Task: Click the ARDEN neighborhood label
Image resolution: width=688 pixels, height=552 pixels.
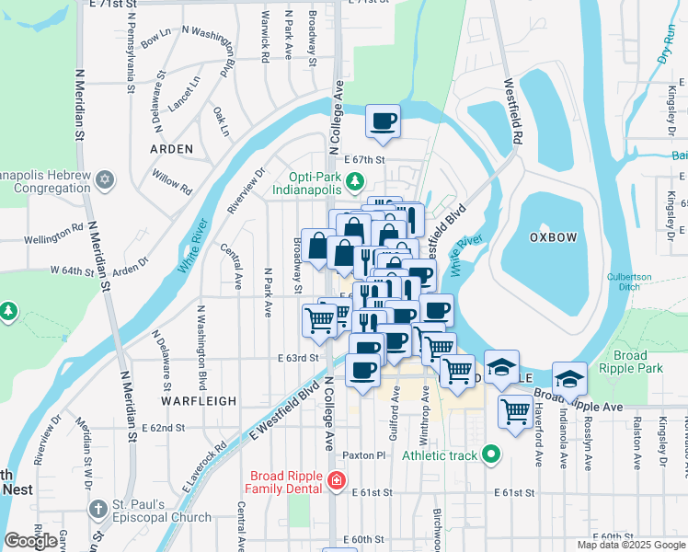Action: click(172, 148)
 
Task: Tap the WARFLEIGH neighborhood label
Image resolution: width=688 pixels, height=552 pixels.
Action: click(195, 401)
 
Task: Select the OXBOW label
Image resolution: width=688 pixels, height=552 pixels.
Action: click(554, 237)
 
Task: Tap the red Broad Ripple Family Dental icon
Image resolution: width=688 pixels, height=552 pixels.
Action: click(337, 479)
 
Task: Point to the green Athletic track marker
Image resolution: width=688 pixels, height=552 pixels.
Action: click(492, 454)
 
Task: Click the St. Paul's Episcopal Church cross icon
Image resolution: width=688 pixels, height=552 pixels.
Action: click(98, 509)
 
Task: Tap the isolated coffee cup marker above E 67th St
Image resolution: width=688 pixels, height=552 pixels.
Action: click(383, 121)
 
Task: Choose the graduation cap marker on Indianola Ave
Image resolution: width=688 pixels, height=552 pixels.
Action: click(569, 379)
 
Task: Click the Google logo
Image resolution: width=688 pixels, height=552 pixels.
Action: click(31, 541)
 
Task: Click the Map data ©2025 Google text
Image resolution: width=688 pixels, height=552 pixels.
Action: click(630, 545)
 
